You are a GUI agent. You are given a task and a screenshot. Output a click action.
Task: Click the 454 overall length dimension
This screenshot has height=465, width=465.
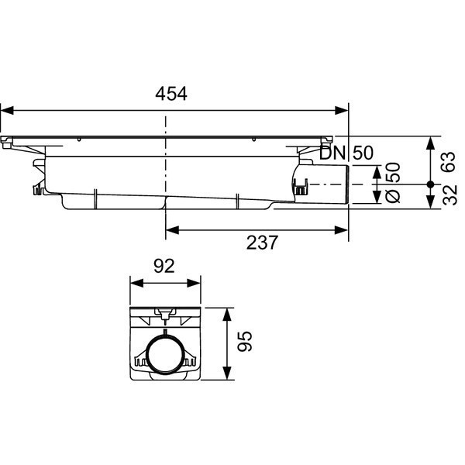pos(171,94)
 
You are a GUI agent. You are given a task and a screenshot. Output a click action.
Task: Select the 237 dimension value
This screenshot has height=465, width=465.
pos(261,243)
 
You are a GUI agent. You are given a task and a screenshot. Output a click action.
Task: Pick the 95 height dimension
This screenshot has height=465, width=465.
pos(244,343)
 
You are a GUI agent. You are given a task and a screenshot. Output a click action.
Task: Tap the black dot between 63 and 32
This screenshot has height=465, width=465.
pos(431,184)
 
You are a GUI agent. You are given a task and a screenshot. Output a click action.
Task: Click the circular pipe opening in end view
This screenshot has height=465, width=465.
pos(166,356)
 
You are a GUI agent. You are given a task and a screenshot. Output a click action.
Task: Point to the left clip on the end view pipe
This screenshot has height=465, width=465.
pos(140,360)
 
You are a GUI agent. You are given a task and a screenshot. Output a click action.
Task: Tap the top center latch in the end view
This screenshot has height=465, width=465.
pos(164,314)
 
